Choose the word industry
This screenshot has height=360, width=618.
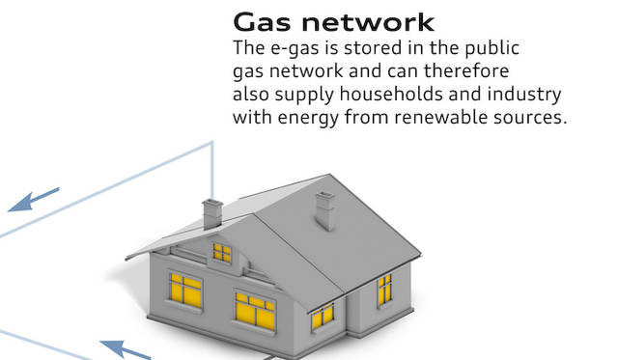click(x=529, y=95)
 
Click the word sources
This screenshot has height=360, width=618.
click(x=533, y=118)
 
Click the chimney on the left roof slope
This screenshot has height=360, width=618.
click(x=212, y=212)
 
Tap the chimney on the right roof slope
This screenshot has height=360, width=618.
click(x=326, y=209)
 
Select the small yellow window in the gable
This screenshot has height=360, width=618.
click(x=222, y=253)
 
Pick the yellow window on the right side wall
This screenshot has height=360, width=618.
click(x=384, y=289)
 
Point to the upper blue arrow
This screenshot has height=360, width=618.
click(x=35, y=200)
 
